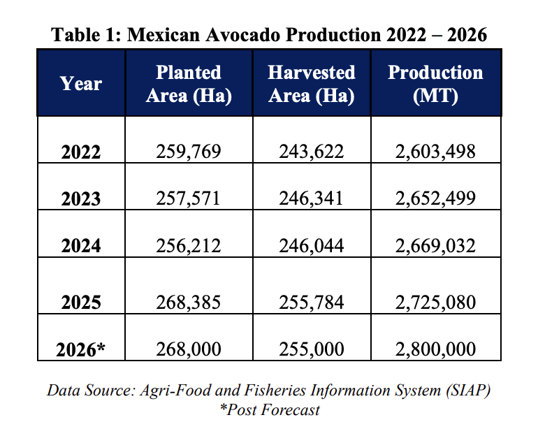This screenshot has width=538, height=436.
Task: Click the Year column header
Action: pyautogui.click(x=81, y=84)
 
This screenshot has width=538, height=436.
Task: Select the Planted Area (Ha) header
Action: pyautogui.click(x=188, y=84)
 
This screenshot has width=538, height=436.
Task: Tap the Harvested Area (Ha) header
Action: pyautogui.click(x=311, y=84)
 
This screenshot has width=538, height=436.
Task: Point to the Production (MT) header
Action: pyautogui.click(x=435, y=84)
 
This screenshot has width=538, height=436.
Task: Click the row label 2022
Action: pyautogui.click(x=81, y=152)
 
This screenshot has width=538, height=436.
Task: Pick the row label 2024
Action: pyautogui.click(x=81, y=246)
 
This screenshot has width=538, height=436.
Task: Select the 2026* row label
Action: pyautogui.click(x=81, y=349)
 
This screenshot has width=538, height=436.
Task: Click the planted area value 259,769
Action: pyautogui.click(x=188, y=152)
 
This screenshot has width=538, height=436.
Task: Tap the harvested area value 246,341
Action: pyautogui.click(x=311, y=198)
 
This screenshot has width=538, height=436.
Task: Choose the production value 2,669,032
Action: pyautogui.click(x=435, y=245)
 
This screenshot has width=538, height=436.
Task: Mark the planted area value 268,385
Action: pyautogui.click(x=188, y=302)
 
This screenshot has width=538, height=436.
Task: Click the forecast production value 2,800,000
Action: pyautogui.click(x=435, y=349)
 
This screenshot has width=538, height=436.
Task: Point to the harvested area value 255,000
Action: pyautogui.click(x=311, y=349)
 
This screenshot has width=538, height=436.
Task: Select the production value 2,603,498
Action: pyautogui.click(x=435, y=152)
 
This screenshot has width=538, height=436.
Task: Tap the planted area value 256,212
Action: pyautogui.click(x=188, y=245)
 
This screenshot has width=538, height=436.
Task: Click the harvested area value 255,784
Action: pyautogui.click(x=311, y=302)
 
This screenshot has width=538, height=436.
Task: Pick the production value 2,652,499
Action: pyautogui.click(x=435, y=198)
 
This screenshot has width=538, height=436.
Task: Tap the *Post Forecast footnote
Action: pyautogui.click(x=269, y=409)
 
